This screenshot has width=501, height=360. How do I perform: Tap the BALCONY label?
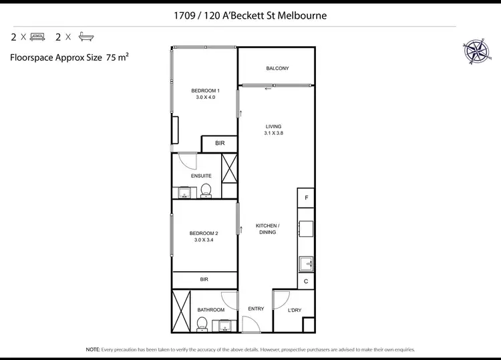277,69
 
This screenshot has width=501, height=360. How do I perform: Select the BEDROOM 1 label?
205,91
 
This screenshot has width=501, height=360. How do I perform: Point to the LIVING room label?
273,126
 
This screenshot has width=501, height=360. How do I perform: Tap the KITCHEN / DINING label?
267,229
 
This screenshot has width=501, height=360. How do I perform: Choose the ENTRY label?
256,309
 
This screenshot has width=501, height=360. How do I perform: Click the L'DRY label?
295,311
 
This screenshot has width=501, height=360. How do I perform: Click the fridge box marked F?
307,198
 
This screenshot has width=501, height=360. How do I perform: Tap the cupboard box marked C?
306,281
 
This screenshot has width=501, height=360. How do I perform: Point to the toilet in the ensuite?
206,190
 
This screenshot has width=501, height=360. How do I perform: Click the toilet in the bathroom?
201,324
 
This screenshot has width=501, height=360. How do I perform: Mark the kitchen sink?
306,262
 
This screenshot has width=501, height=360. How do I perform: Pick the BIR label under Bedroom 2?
204,280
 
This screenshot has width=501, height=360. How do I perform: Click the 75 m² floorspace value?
117,57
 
